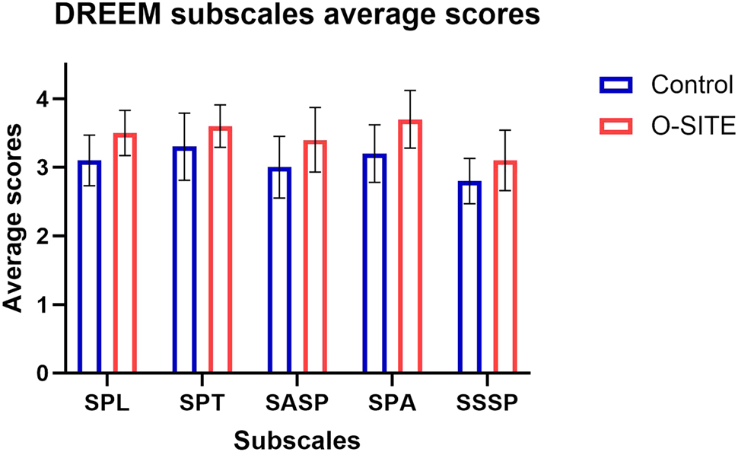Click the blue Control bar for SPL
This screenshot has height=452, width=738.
[x=89, y=266]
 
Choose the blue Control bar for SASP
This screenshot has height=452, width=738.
[x=279, y=270]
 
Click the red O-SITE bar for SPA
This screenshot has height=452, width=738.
[x=410, y=247]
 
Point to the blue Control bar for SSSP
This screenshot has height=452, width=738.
[x=469, y=277]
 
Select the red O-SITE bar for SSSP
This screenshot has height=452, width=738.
[x=505, y=266]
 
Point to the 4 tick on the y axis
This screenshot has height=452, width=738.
[x=59, y=99]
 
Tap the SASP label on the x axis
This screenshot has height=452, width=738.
[x=297, y=403]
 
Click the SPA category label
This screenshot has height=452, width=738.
[x=393, y=403]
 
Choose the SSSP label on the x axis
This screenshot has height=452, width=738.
[x=488, y=403]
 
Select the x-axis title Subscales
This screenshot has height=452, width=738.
[x=297, y=440]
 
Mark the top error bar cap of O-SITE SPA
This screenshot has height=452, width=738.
[x=410, y=91]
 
